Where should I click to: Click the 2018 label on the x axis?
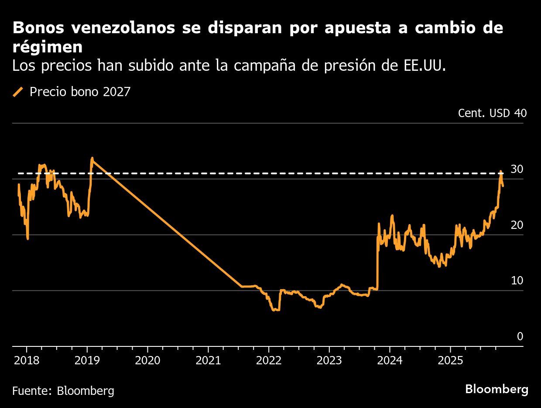click(x=26, y=361)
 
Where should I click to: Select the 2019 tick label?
click(x=87, y=361)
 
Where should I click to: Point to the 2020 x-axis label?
click(x=147, y=361)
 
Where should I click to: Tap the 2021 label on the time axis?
click(x=208, y=361)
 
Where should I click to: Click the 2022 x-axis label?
click(x=269, y=361)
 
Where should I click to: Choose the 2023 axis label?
click(x=329, y=361)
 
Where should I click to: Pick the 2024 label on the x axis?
click(x=390, y=361)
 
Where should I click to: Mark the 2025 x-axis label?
click(x=450, y=361)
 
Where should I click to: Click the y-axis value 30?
click(x=517, y=169)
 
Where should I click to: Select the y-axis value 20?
click(x=517, y=225)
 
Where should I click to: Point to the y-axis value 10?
click(x=517, y=280)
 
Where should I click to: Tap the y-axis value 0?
click(x=520, y=336)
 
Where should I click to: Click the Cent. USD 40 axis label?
click(x=492, y=113)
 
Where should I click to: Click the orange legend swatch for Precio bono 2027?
click(x=18, y=92)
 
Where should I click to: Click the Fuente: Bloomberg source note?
click(x=63, y=390)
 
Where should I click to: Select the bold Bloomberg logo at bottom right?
click(x=496, y=389)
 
